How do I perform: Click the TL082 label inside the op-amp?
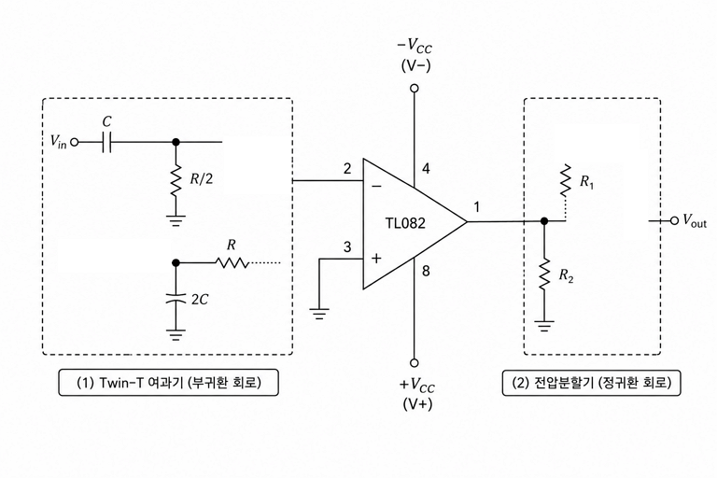tap(404, 223)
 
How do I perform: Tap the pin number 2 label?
tap(347, 169)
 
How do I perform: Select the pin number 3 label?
tap(347, 247)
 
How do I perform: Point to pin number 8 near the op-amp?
tap(426, 271)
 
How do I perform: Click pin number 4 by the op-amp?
tap(426, 169)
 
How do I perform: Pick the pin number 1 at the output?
tap(476, 207)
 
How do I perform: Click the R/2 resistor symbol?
tap(176, 178)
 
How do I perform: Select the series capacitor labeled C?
tap(106, 142)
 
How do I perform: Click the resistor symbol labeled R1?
tap(566, 179)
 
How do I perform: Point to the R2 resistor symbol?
tap(543, 274)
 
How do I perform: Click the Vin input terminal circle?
tap(74, 142)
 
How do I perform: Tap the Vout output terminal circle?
tap(674, 221)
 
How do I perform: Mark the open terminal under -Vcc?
tap(415, 89)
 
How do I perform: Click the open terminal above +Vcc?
tap(415, 363)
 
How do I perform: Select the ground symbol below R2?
tap(543, 326)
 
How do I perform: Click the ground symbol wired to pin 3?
tap(319, 314)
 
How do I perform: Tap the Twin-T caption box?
tap(168, 383)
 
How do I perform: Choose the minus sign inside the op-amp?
tap(376, 186)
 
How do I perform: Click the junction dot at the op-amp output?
tap(543, 221)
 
